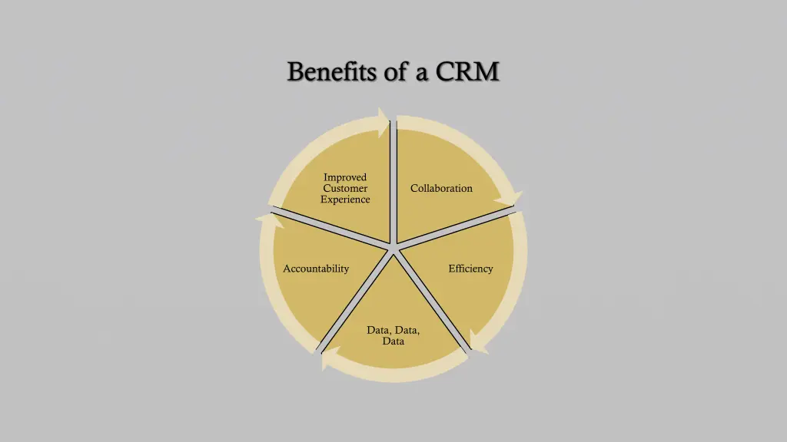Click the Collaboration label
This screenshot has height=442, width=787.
pyautogui.click(x=441, y=188)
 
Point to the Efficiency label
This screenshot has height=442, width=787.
pyautogui.click(x=470, y=269)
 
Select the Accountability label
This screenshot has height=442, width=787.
pyautogui.click(x=316, y=269)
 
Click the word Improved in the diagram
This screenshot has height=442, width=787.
pyautogui.click(x=345, y=177)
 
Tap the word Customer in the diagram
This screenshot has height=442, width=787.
pyautogui.click(x=345, y=188)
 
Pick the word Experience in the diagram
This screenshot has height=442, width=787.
pyautogui.click(x=345, y=200)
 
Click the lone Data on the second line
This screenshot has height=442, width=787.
pyautogui.click(x=393, y=341)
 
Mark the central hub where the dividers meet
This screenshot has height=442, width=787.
pyautogui.click(x=393, y=247)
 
